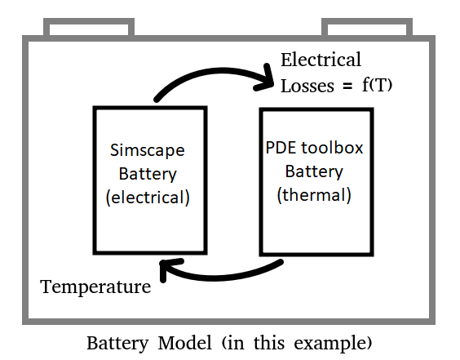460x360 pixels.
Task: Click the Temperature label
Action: pyautogui.click(x=95, y=287)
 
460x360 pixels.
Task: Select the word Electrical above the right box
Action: pyautogui.click(x=321, y=60)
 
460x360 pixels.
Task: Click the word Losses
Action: pyautogui.click(x=306, y=86)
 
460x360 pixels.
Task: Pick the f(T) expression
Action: pyautogui.click(x=378, y=86)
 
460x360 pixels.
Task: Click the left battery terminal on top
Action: pyautogui.click(x=88, y=29)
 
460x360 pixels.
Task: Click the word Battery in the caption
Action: pyautogui.click(x=115, y=340)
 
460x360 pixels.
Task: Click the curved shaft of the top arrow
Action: pyautogui.click(x=204, y=69)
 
